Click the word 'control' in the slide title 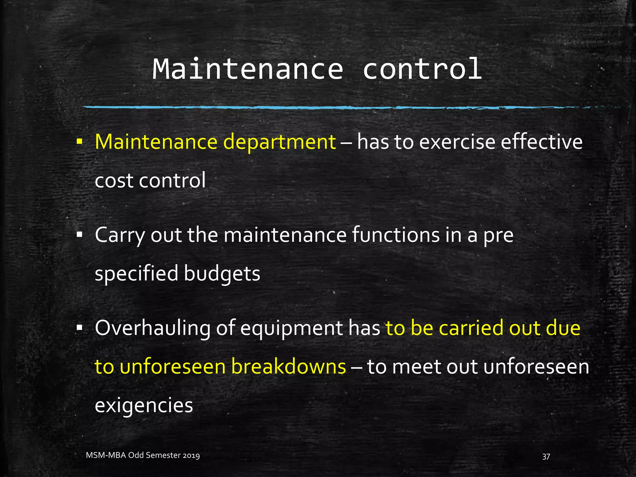[422, 69]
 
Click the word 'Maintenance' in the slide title [248, 69]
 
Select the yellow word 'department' [279, 142]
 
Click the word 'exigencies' [144, 406]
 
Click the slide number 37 [546, 457]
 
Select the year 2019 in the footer [191, 456]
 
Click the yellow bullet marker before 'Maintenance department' [79, 142]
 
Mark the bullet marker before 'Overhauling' [79, 328]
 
